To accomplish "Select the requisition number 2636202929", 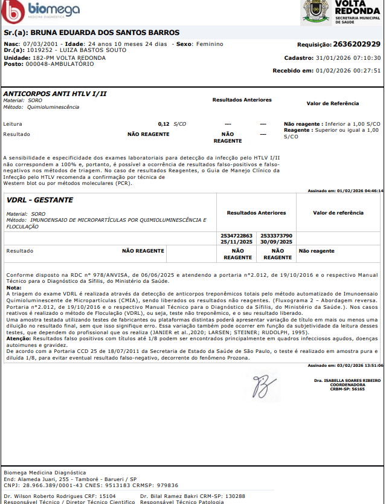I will [x=356, y=44].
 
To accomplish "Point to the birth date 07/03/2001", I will [x=40, y=44].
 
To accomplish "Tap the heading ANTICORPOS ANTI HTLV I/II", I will [x=55, y=94].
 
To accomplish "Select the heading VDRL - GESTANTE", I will [x=40, y=199].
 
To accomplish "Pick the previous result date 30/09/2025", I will [x=277, y=241].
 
